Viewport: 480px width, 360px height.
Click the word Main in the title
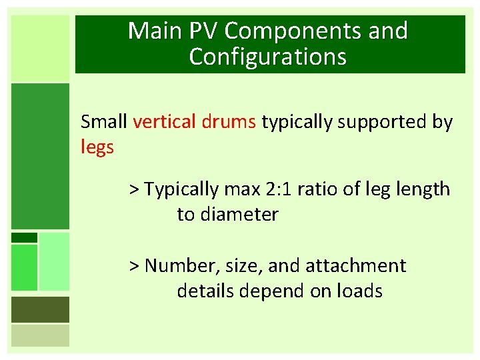[153, 31]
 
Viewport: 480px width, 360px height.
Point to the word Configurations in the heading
[268, 57]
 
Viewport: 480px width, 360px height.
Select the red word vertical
[163, 122]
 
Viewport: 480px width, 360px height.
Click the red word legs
[97, 147]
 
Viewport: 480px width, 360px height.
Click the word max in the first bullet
[239, 189]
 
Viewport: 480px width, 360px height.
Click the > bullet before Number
[135, 266]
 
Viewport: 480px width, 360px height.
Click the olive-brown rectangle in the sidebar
[40, 309]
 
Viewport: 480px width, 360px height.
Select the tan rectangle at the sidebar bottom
[40, 335]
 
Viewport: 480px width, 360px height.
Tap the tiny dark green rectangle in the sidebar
[24, 237]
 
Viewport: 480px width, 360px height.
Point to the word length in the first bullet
[424, 189]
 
